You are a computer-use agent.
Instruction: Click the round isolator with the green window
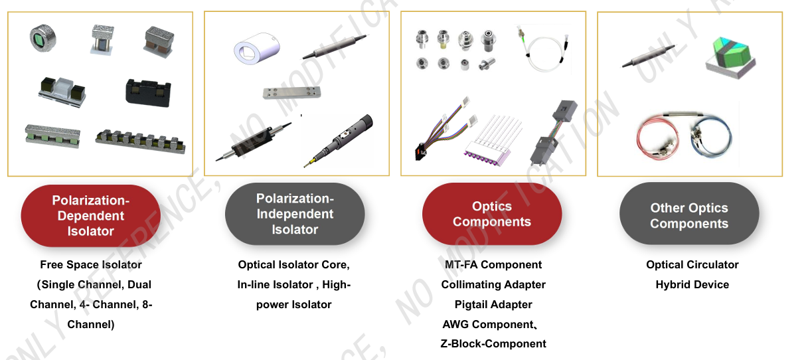pos(42,38)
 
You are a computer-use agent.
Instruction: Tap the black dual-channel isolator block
pos(148,93)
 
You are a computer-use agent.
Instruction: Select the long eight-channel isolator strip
pos(141,141)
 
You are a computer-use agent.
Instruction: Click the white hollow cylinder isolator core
pos(256,48)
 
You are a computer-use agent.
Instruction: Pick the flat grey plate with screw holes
pos(292,92)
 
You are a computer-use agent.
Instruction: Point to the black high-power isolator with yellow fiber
pos(338,140)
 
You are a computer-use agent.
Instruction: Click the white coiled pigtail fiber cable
pos(544,48)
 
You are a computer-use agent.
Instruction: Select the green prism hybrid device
pos(730,58)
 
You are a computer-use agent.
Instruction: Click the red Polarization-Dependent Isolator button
pos(91,216)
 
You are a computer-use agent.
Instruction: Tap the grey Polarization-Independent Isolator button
pos(295,214)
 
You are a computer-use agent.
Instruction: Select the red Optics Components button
pos(492,214)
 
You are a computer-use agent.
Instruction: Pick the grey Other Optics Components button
pos(689,214)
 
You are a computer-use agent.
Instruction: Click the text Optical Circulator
pos(692,264)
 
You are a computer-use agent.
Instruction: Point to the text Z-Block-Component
pos(493,343)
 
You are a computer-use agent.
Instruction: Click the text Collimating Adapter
pos(493,284)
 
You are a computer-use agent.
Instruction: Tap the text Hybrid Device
pos(692,284)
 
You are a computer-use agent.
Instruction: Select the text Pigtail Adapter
pos(493,304)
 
